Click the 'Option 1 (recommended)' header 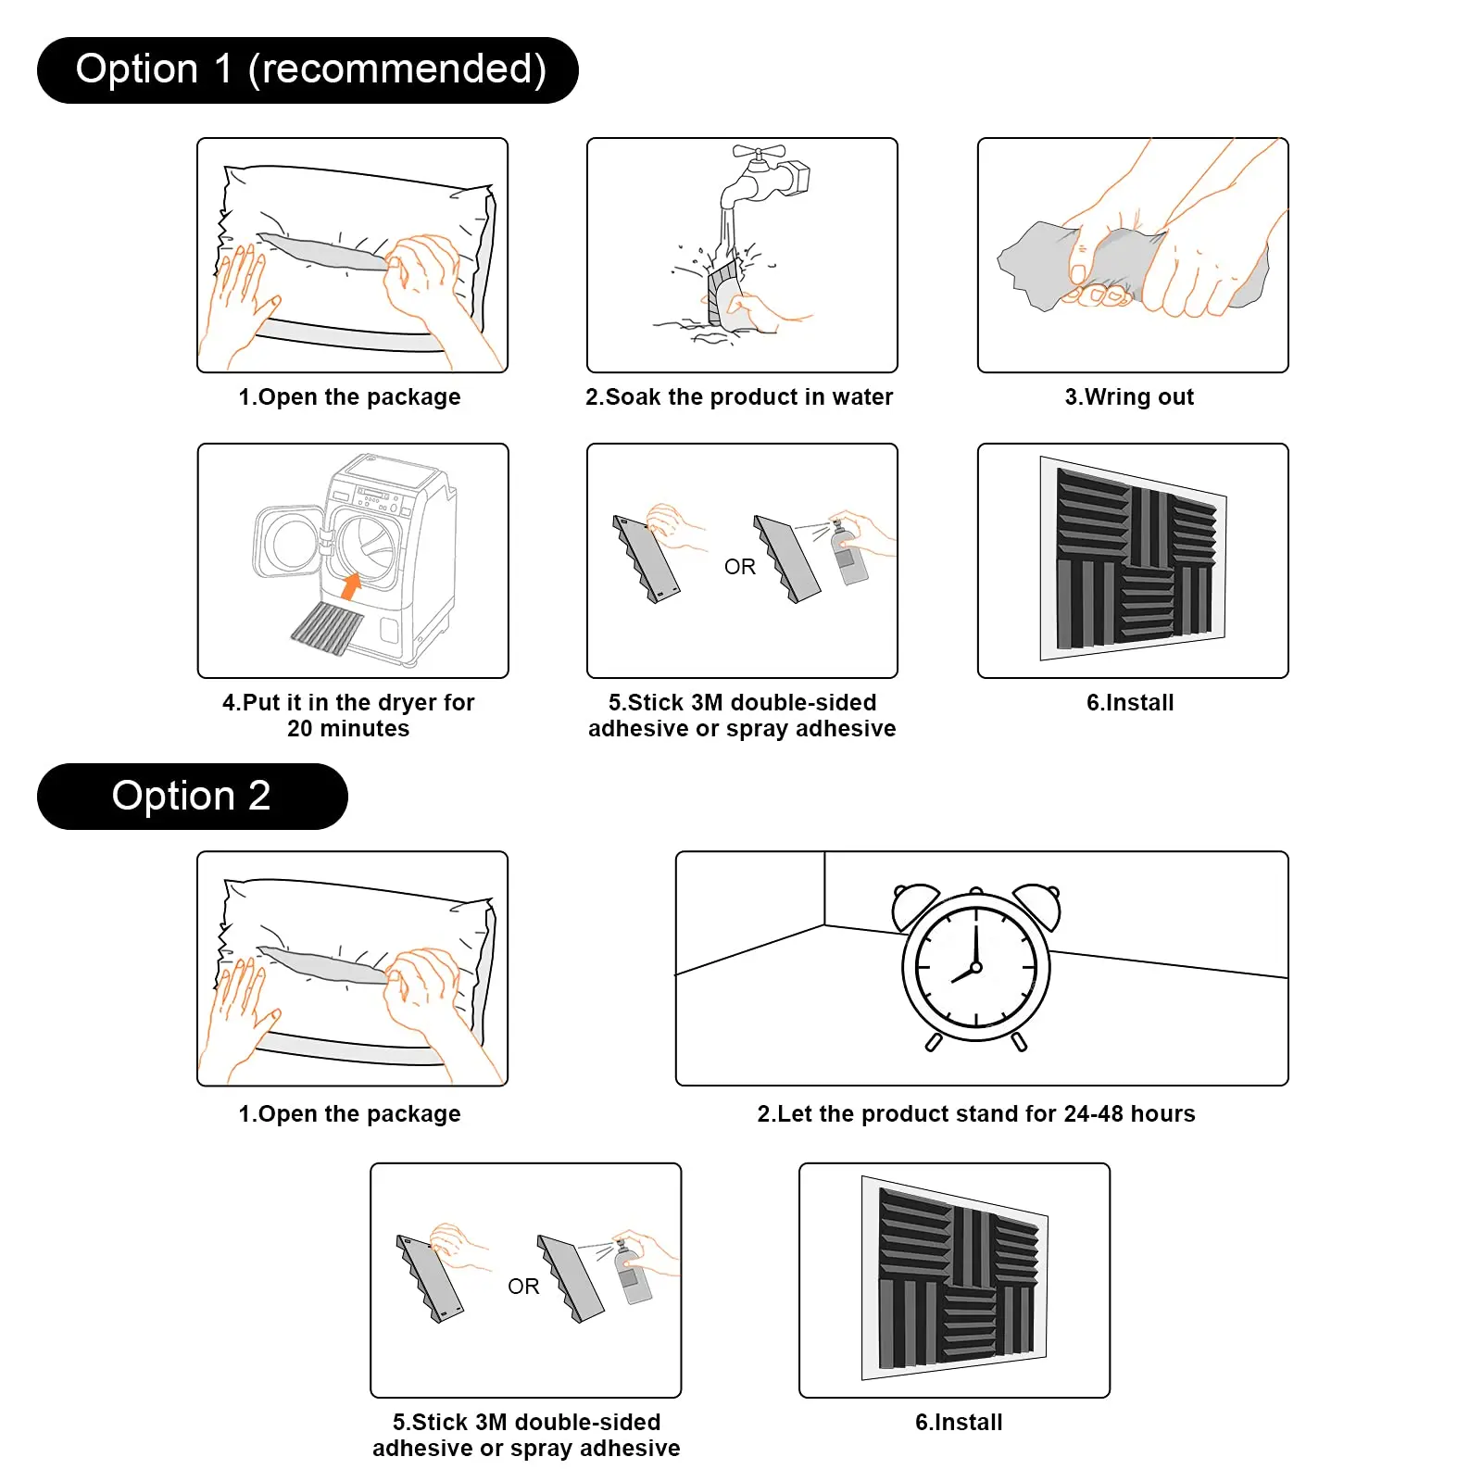pyautogui.click(x=308, y=70)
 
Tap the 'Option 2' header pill pyautogui.click(x=192, y=797)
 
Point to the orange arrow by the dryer pyautogui.click(x=351, y=586)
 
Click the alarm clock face pyautogui.click(x=975, y=967)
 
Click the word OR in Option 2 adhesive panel pyautogui.click(x=523, y=1287)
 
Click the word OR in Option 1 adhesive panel pyautogui.click(x=740, y=567)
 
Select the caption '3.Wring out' pyautogui.click(x=1129, y=397)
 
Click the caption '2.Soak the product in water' pyautogui.click(x=739, y=397)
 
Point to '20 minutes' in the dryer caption pyautogui.click(x=348, y=729)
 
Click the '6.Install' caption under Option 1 pyautogui.click(x=1130, y=703)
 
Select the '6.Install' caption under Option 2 pyautogui.click(x=959, y=1423)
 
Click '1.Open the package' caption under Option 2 pyautogui.click(x=349, y=1114)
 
